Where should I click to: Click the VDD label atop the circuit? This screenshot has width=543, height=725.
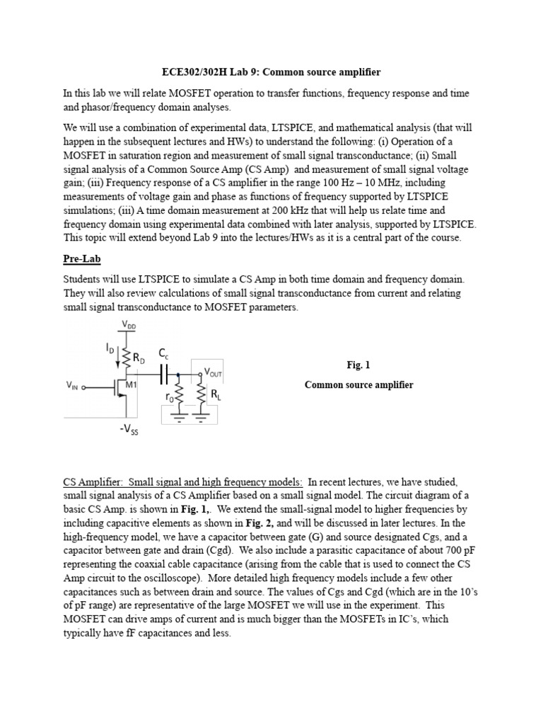(130, 326)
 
